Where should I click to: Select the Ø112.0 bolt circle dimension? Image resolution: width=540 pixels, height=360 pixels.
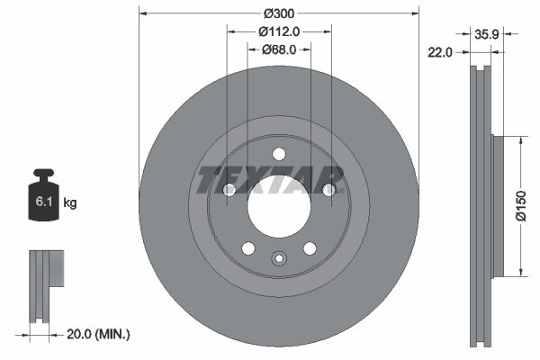coord(279,31)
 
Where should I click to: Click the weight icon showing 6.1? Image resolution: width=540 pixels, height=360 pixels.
coord(44,195)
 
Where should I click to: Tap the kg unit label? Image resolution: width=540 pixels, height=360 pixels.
coord(70,203)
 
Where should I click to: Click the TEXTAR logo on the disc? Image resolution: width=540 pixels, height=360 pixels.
coord(271,180)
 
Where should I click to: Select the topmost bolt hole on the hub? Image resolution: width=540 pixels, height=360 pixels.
coord(279,153)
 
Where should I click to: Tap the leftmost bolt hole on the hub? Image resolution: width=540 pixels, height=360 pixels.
coord(229,190)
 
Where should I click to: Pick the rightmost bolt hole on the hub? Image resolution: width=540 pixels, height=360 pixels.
coord(328,190)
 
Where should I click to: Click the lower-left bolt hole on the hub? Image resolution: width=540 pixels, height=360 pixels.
coord(248,248)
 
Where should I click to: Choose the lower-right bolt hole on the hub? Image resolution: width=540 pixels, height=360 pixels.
coord(310,248)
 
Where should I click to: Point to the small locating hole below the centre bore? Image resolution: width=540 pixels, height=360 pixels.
coord(279,260)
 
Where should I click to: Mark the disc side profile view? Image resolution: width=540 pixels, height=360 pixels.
coord(481,205)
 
